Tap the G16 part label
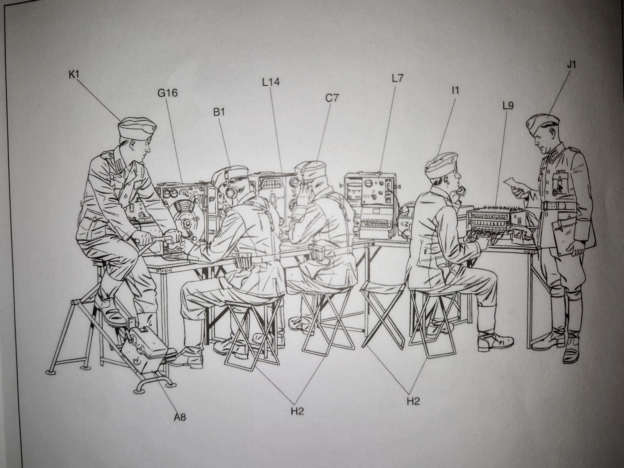168,93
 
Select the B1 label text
219,112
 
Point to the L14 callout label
271,82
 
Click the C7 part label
332,98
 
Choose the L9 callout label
508,106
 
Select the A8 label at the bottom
180,417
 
